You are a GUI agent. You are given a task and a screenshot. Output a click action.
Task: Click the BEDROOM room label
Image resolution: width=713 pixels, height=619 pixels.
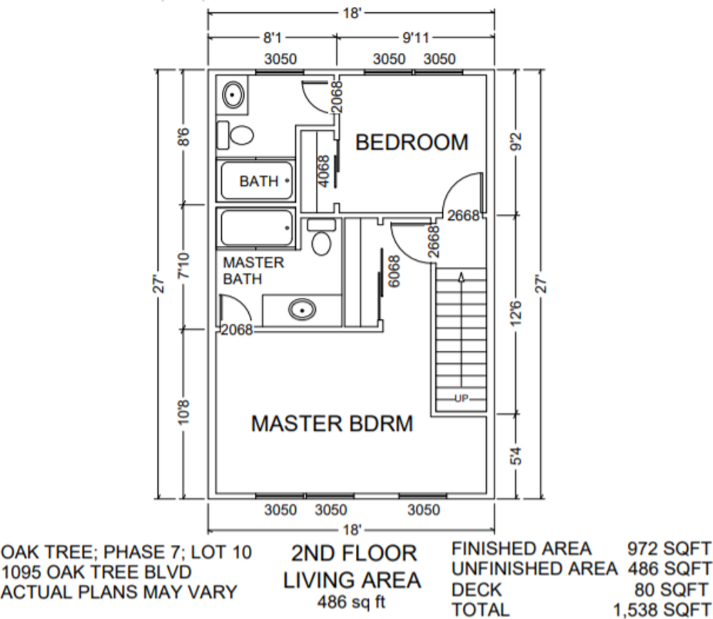tap(412, 142)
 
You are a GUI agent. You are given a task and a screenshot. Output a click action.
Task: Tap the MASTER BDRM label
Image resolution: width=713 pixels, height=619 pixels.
tap(331, 424)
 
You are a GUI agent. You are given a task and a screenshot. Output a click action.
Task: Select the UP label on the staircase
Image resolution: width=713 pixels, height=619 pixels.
tap(460, 398)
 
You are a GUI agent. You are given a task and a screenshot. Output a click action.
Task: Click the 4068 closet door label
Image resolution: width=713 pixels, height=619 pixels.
tap(324, 170)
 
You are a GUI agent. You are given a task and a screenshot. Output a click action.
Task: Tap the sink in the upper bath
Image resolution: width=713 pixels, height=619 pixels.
tap(233, 95)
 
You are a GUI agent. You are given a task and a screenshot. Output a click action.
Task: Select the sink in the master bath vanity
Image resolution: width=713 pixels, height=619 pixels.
tap(302, 310)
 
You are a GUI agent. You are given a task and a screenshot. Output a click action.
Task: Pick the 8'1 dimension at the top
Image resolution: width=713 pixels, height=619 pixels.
tap(271, 37)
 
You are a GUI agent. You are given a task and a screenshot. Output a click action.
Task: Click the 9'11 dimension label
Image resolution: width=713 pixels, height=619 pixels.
tap(416, 37)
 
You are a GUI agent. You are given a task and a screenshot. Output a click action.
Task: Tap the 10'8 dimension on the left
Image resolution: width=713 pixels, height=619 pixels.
tap(184, 413)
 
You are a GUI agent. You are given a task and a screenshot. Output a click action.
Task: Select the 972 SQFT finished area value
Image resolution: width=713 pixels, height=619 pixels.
tap(669, 549)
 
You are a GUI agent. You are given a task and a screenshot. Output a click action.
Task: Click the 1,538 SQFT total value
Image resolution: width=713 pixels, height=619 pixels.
tap(662, 609)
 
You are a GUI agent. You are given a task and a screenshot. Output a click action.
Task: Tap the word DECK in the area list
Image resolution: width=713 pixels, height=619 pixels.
tap(476, 589)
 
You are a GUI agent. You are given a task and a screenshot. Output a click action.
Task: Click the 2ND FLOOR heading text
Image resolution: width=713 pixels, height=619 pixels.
tap(354, 553)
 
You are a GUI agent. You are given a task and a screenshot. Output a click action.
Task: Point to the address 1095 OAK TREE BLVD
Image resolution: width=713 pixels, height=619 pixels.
tap(96, 572)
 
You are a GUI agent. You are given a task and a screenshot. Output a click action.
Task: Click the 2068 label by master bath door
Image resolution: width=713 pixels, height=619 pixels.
tap(237, 330)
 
